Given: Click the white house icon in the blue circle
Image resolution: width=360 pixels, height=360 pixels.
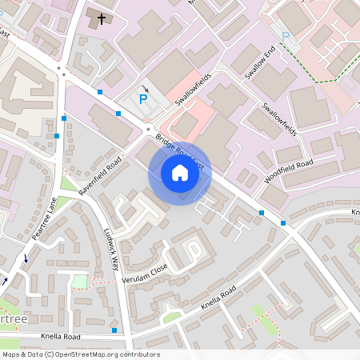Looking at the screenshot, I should [x=180, y=173].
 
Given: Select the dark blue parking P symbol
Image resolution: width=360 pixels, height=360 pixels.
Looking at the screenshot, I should [x=143, y=99].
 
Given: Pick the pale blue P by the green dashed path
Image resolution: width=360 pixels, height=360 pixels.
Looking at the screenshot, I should [x=286, y=36].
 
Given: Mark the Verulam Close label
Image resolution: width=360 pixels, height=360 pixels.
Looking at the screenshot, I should [x=145, y=274].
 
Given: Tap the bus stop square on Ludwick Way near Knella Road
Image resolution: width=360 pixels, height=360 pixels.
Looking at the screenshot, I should [x=114, y=330].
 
